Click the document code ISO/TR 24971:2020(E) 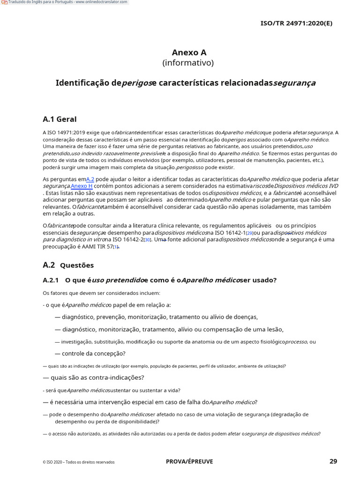(x=296, y=23)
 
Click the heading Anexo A (x=189, y=52)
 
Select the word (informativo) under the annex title (x=188, y=63)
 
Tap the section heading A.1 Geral (x=60, y=119)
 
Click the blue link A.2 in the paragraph (x=90, y=179)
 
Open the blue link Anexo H (x=82, y=186)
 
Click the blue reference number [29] (x=249, y=233)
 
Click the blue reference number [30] (x=147, y=240)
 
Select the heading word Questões (x=77, y=265)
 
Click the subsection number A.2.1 (x=51, y=280)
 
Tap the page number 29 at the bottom (x=333, y=461)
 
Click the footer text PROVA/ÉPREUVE (x=189, y=462)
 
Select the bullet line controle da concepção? (x=90, y=353)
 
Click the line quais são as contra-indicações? (x=94, y=377)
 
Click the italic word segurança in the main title (x=294, y=83)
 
